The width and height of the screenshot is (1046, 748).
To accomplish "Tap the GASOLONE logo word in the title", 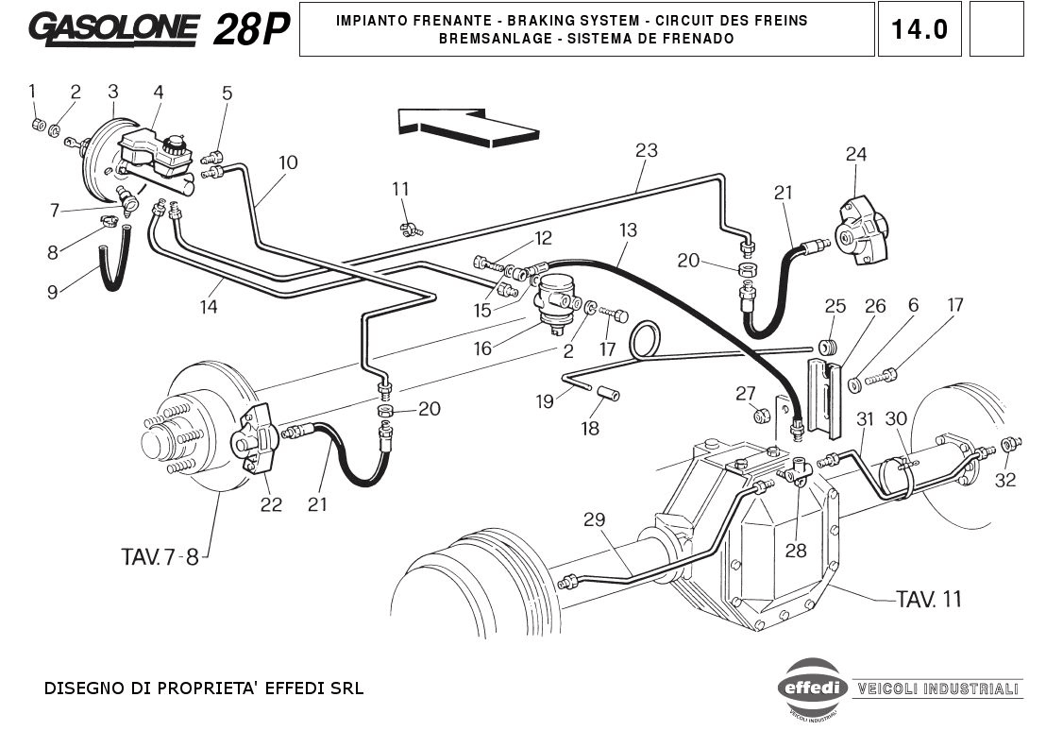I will [x=114, y=29].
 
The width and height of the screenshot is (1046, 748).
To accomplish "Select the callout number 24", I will [x=855, y=154].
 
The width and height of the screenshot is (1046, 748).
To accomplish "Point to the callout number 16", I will [x=482, y=348].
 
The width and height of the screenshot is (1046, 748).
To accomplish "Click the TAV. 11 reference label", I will [x=928, y=598].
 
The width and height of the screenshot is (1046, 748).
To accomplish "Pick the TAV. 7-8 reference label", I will [x=160, y=556].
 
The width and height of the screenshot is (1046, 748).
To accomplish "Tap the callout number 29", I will [x=594, y=519].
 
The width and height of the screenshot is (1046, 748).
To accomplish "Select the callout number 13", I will [x=629, y=229].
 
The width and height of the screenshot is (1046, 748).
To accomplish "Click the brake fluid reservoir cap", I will [x=175, y=144].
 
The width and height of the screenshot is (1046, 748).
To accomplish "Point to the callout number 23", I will [x=646, y=150].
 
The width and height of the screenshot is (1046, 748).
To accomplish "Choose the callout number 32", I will [x=1005, y=479].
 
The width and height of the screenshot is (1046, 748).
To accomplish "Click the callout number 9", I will [x=52, y=292].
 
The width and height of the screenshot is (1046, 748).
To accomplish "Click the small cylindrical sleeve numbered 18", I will [x=609, y=392].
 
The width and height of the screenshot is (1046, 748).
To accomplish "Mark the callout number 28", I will [x=796, y=550].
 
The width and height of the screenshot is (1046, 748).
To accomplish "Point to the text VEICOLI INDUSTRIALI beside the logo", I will [x=936, y=688].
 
